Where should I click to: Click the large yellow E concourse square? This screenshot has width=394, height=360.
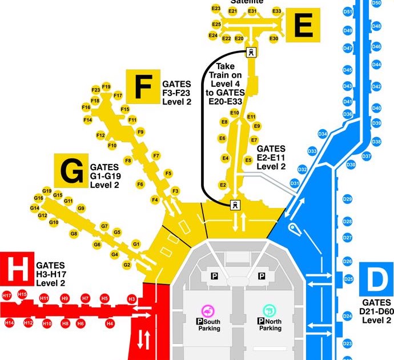(x=303, y=25)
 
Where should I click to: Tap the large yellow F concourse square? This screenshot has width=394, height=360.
(x=143, y=86)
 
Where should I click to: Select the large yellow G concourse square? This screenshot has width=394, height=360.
(x=71, y=170)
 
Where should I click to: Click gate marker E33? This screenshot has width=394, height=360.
(x=277, y=11)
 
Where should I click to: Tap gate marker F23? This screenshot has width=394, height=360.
(x=95, y=90)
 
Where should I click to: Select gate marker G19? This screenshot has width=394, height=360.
(x=47, y=191)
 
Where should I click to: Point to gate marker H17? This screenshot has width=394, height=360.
(x=7, y=296)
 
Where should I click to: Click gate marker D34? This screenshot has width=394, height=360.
(x=323, y=134)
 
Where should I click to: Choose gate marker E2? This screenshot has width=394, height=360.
(x=223, y=185)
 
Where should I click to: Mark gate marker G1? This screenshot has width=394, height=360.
(x=136, y=244)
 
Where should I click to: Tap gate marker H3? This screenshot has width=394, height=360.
(x=132, y=299)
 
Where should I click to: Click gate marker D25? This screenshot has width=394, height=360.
(x=347, y=279)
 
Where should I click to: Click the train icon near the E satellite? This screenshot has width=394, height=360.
(x=250, y=53)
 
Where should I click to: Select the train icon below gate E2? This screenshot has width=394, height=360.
(x=234, y=205)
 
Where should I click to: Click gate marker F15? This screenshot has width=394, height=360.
(x=126, y=109)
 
